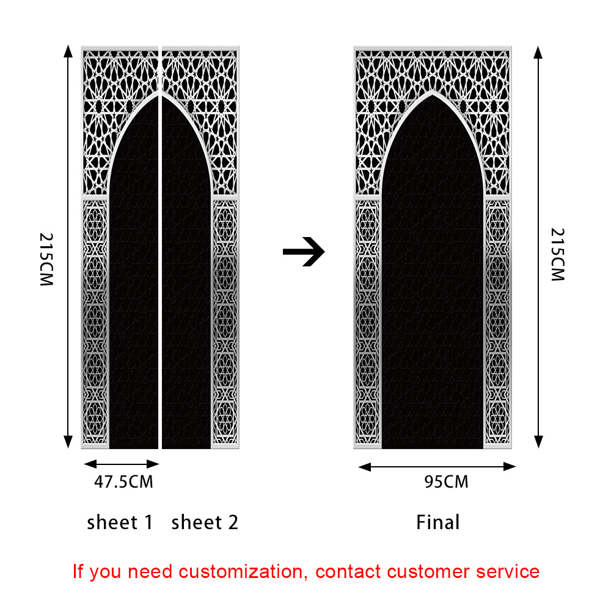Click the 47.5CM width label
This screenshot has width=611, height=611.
coord(123,482)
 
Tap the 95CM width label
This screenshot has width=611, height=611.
coord(446,482)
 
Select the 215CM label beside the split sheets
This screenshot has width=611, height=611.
coord(47,260)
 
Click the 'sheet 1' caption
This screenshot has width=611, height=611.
coord(120,522)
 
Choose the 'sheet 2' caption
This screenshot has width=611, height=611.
coord(205,522)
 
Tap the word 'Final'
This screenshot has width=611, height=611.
coord(437,522)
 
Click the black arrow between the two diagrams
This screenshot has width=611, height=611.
coord(304,251)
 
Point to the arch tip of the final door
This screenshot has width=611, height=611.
coord(433,92)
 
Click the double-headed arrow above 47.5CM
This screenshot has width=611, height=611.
coord(121,464)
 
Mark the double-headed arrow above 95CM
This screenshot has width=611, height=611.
coord(437,467)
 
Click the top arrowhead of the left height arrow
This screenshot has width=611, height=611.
coord(67,51)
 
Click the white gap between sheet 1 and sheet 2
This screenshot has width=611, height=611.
coord(160,244)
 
